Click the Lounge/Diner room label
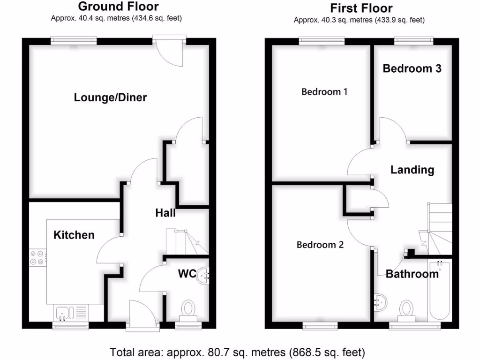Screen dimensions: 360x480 click(x=110, y=97)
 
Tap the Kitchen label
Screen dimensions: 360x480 click(x=74, y=235)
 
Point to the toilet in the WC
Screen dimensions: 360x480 click(x=188, y=309)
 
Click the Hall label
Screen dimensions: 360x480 click(x=165, y=213)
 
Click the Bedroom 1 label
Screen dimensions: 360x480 click(x=324, y=91)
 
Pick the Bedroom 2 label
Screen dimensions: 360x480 click(x=320, y=245)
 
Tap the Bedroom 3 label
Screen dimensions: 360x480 click(x=412, y=68)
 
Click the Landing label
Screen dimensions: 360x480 click(x=412, y=170)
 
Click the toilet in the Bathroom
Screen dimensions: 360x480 click(x=406, y=309)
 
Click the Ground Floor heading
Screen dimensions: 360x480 click(x=118, y=7)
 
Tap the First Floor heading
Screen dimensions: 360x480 click(x=361, y=8)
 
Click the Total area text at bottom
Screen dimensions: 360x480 click(x=237, y=352)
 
